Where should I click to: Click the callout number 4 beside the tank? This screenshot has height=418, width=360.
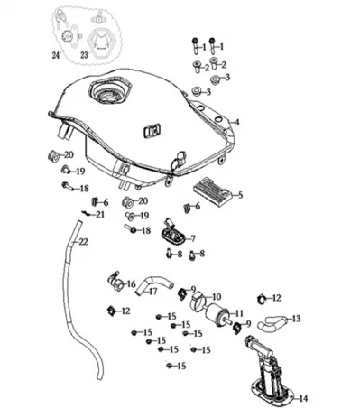pos(237,122)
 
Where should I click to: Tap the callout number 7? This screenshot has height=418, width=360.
pos(193,239)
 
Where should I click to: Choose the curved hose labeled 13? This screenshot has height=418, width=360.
pos(271,322)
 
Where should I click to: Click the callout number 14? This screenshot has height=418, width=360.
pos(303,399)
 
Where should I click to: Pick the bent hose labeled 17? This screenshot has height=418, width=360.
pos(153,284)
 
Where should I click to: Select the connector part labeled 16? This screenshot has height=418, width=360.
pos(115,283)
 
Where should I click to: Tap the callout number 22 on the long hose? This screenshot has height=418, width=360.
pos(83,242)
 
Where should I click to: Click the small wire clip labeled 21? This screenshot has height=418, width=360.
pos(86,213)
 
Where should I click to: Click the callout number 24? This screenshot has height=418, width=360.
pos(56,55)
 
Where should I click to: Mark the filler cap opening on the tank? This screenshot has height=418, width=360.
pos(110,89)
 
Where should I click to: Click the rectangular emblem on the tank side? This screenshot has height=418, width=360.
pos(152,131)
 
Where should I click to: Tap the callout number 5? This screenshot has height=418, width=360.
pos(240,195)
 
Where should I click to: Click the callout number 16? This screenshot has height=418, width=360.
pos(132,284)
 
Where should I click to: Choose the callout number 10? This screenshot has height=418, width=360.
pos(217,297)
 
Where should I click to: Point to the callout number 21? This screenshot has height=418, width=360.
pos(100,215)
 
